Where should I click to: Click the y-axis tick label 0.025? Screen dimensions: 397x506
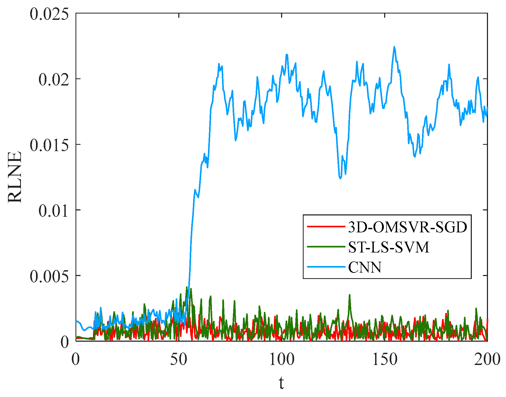point(49,14)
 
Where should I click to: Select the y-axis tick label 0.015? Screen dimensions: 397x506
point(49,145)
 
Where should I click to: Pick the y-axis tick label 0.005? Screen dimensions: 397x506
point(49,276)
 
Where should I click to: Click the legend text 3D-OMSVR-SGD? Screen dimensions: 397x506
point(407,227)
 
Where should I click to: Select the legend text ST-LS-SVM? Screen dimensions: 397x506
point(388,247)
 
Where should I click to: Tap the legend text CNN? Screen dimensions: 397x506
point(365,267)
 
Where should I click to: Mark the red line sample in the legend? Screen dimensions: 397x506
point(326,227)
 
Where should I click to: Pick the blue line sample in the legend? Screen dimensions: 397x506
point(326,267)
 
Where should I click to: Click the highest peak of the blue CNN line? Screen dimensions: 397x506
point(394,47)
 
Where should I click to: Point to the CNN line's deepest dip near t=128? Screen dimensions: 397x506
point(340,178)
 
